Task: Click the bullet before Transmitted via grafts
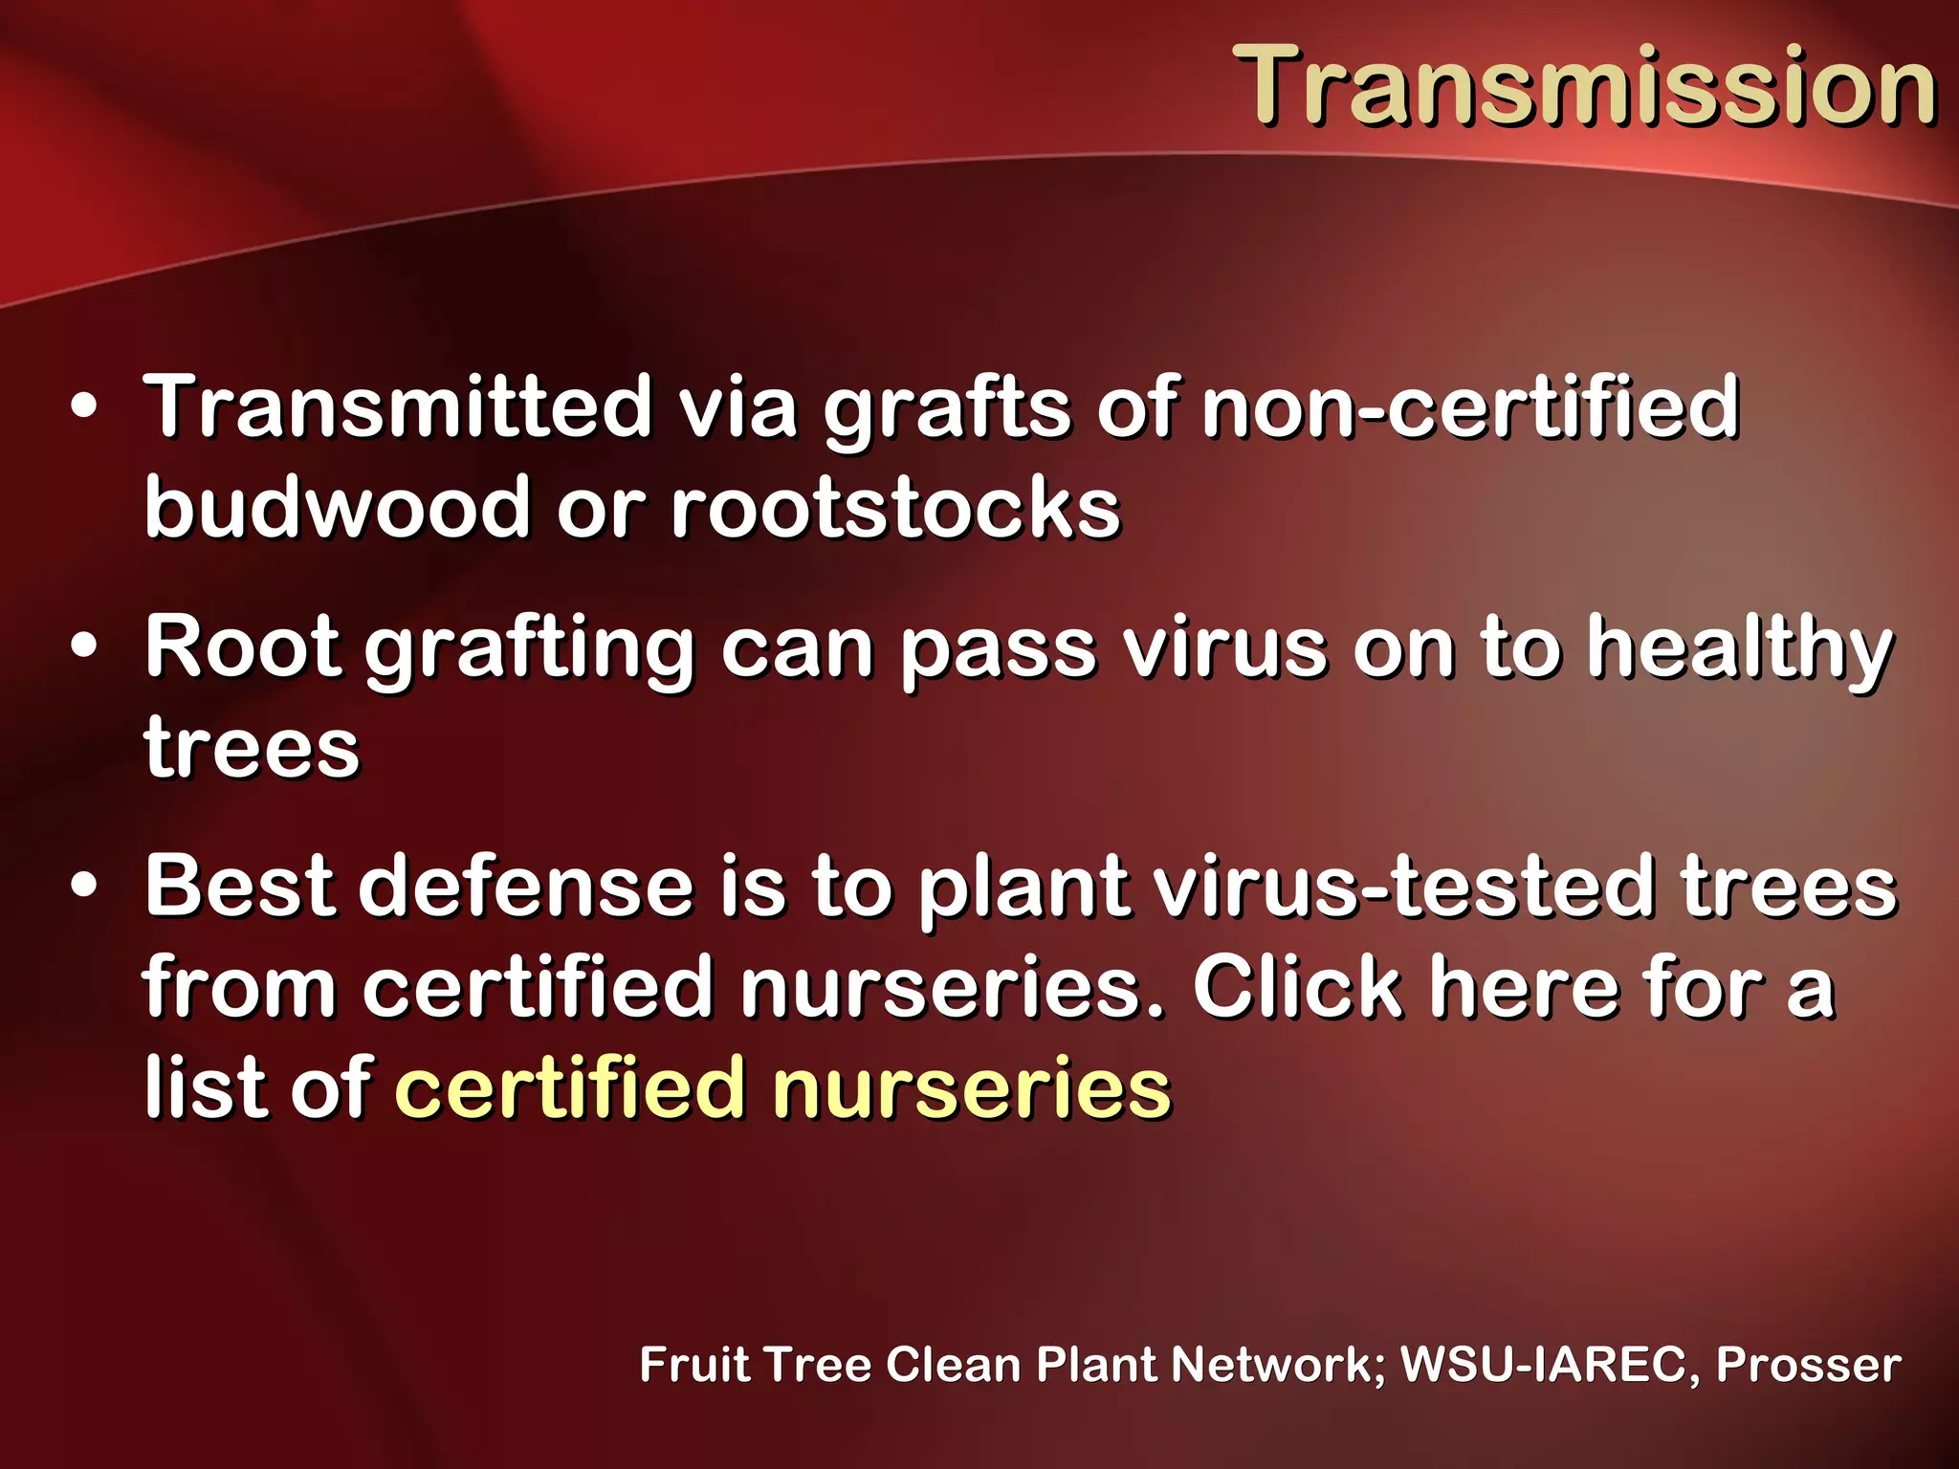[x=84, y=407]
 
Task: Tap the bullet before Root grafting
[x=84, y=647]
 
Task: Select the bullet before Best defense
[x=84, y=887]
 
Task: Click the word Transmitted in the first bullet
[x=397, y=407]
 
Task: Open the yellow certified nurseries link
[x=782, y=1087]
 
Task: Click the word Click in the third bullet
[x=1296, y=987]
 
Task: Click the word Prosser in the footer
[x=1808, y=1364]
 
